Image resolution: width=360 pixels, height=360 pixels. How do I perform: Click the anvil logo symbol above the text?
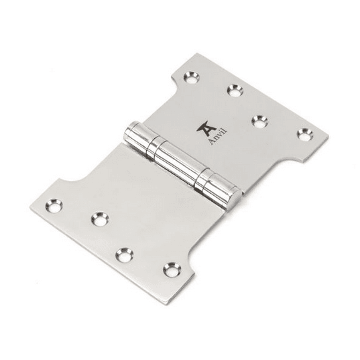tap(206, 127)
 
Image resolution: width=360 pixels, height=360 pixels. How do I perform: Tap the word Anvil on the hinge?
tap(219, 137)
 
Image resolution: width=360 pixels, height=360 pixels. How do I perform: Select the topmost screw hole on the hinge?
tap(192, 77)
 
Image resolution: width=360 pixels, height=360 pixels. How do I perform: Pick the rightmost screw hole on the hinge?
tap(305, 134)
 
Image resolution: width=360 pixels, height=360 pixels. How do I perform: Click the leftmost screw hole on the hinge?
tap(54, 205)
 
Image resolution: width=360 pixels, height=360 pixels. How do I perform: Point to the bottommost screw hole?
tap(172, 269)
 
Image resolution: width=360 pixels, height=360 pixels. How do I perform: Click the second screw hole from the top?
tap(235, 91)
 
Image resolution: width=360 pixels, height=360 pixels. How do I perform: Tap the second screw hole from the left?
tap(100, 219)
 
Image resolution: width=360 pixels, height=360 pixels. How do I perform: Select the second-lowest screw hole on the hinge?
tap(125, 255)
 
